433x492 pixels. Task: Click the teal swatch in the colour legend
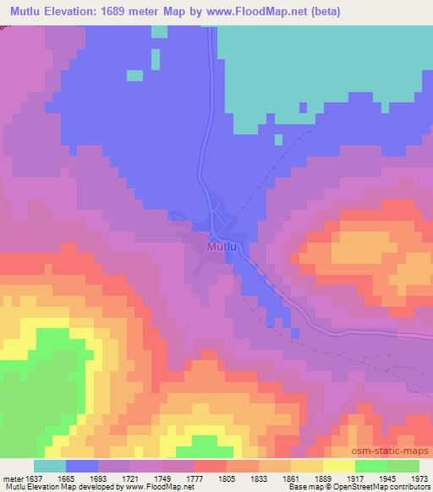[50, 466]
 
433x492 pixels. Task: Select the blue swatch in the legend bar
[82, 466]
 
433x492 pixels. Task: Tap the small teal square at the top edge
[159, 31]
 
